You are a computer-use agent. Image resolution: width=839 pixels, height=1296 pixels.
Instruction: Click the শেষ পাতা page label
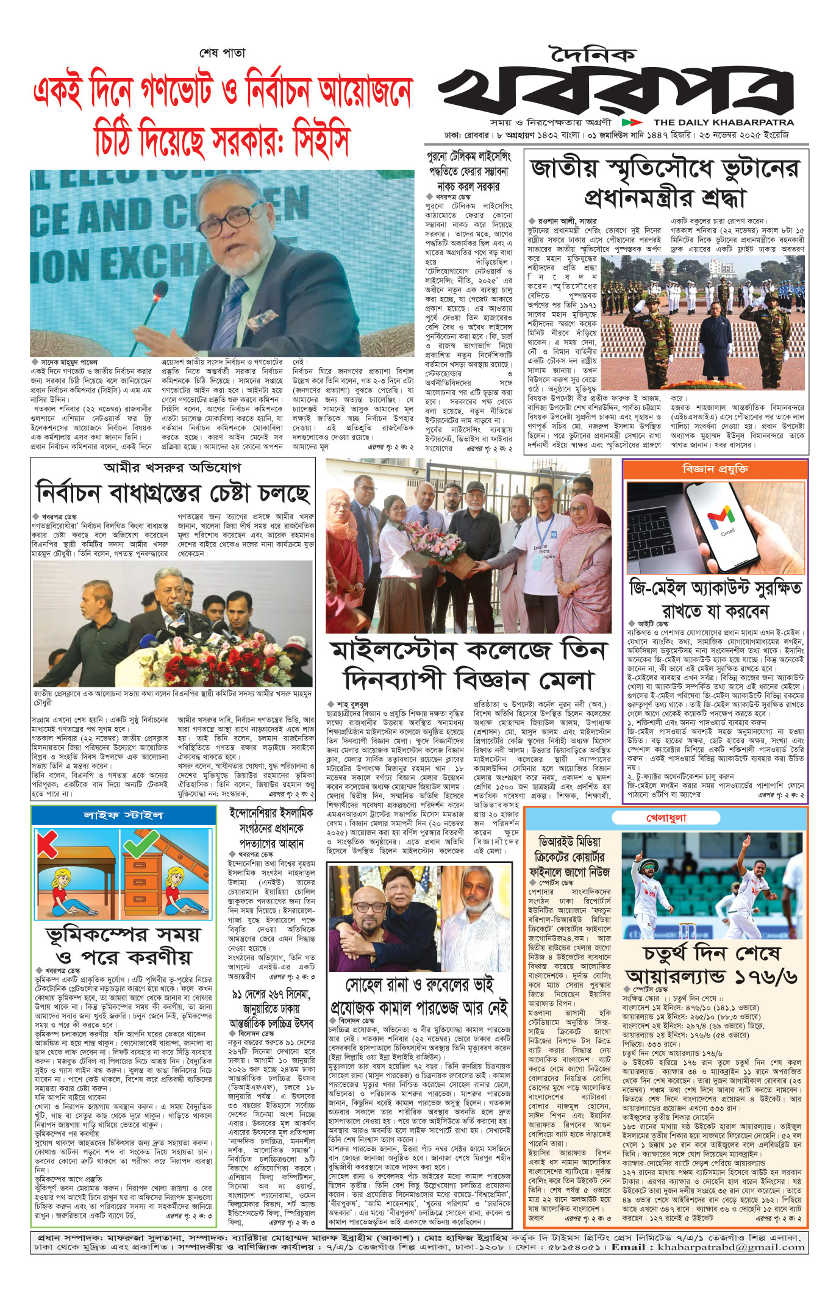(223, 53)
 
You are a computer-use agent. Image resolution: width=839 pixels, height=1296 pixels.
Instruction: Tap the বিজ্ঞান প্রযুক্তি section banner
(715, 469)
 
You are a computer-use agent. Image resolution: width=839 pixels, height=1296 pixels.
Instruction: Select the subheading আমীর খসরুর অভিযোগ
(173, 468)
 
